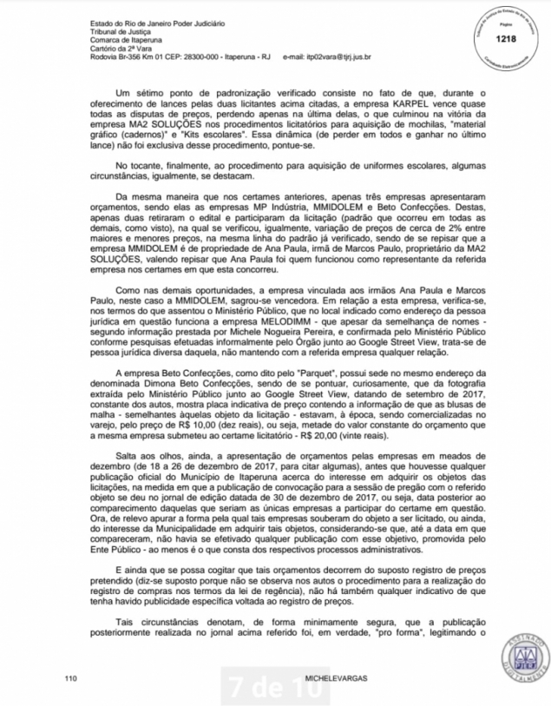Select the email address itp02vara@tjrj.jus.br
[x=334, y=56]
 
